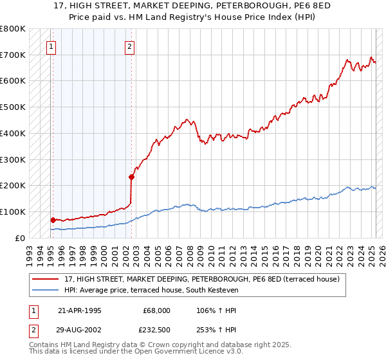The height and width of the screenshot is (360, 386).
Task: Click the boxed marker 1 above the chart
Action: pyautogui.click(x=51, y=46)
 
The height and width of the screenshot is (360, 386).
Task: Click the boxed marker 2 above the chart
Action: pyautogui.click(x=129, y=46)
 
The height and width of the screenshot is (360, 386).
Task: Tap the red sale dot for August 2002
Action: pyautogui.click(x=131, y=177)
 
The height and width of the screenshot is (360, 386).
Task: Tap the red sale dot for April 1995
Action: pyautogui.click(x=53, y=220)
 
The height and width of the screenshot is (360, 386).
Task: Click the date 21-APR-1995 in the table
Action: pyautogui.click(x=79, y=310)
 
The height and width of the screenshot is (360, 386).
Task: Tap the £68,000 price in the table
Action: pyautogui.click(x=156, y=310)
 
